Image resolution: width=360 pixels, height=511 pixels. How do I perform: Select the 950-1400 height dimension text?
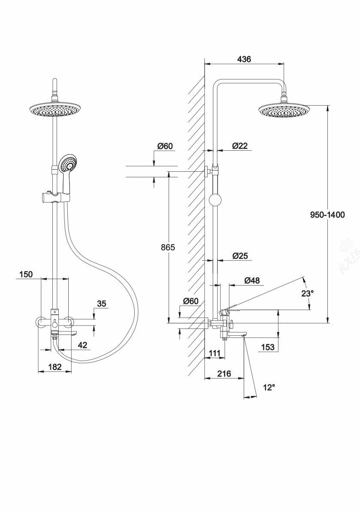coord(327,215)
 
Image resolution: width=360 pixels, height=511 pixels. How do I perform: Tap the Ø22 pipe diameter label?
coord(240,146)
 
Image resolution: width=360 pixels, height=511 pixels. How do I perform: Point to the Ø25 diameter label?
coord(240,256)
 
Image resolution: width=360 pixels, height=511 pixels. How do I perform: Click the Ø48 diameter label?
coord(252,280)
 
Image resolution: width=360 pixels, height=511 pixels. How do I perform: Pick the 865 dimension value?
coord(168,248)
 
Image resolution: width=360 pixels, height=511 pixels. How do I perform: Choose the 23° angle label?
coord(308,293)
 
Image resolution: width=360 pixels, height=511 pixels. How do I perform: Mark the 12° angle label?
coord(268,387)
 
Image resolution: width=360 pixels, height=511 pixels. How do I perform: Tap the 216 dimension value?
coord(224,374)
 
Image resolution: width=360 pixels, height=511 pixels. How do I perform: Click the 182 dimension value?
coord(54,367)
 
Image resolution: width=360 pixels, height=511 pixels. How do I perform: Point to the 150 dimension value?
coord(26,274)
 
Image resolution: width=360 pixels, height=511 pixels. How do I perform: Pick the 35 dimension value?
coord(101,304)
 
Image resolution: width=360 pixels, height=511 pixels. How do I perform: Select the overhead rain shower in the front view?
coord(55,110)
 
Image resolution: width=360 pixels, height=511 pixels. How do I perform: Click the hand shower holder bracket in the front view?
coord(55,198)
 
